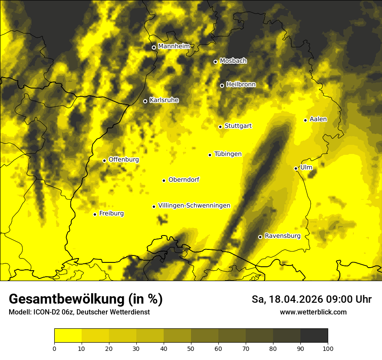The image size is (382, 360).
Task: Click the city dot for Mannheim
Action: (154, 48)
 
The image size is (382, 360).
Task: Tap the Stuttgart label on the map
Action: (238, 126)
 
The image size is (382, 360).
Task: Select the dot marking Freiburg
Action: (95, 214)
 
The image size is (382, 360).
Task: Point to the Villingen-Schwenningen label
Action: (194, 206)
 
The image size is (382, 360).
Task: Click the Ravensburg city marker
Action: (260, 237)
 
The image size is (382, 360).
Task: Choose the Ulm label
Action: (306, 167)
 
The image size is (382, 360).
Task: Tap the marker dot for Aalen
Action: (305, 120)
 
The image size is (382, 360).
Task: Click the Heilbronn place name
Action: (241, 85)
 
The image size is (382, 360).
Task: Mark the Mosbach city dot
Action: (215, 62)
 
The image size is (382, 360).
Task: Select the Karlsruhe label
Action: (164, 100)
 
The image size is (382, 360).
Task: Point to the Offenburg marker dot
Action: (104, 160)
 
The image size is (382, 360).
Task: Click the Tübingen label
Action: (228, 154)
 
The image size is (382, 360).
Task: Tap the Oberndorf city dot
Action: (164, 180)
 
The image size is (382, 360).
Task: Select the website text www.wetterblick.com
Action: (313, 312)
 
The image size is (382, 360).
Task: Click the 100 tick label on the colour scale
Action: (328, 348)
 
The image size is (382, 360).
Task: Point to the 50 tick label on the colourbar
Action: (191, 348)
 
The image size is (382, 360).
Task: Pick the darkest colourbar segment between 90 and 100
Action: (314, 336)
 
